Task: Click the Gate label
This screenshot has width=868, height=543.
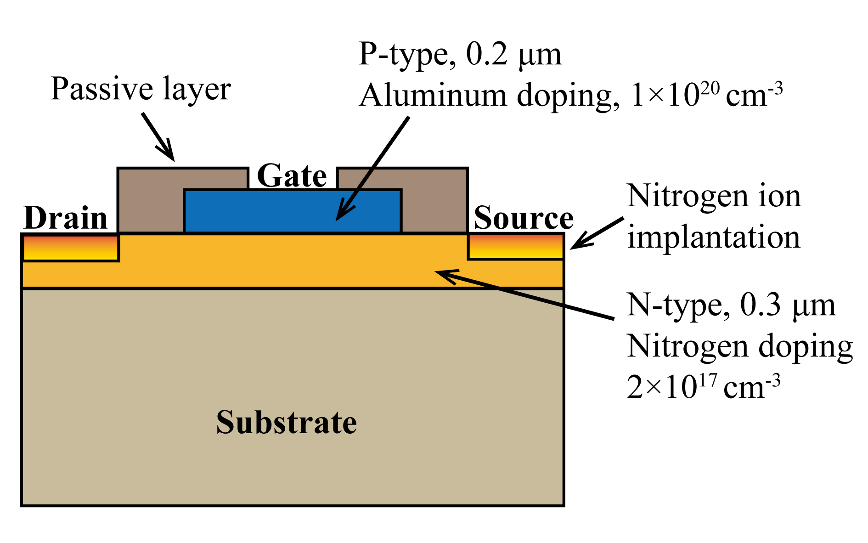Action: click(x=292, y=176)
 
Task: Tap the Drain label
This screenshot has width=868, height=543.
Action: click(x=65, y=218)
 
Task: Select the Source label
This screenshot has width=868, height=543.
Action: click(x=523, y=218)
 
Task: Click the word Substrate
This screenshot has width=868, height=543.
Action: click(x=287, y=422)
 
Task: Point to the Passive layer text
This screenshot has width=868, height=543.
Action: click(x=141, y=89)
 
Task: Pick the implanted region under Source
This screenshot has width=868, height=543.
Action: click(x=516, y=247)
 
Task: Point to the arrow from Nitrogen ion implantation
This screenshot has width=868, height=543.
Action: click(x=597, y=233)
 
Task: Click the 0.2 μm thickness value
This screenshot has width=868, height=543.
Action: click(x=513, y=55)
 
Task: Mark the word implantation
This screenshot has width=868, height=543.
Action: click(x=714, y=238)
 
